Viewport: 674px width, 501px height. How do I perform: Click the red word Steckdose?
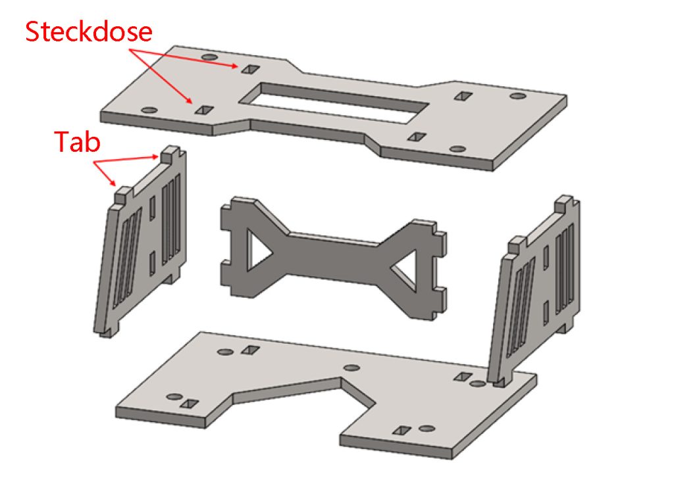click(89, 32)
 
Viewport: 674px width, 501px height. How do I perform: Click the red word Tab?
click(78, 142)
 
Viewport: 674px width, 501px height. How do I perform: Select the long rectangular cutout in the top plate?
click(334, 103)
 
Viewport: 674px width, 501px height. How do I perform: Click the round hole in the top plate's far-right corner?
click(517, 96)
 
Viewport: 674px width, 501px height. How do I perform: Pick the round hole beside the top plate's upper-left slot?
click(209, 57)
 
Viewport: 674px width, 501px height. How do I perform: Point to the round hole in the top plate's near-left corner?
click(149, 110)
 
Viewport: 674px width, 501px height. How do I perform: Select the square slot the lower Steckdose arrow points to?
click(204, 110)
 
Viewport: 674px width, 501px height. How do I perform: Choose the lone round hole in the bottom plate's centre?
click(352, 368)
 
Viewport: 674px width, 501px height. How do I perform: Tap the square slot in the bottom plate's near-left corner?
click(189, 404)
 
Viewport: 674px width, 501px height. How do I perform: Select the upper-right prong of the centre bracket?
click(440, 238)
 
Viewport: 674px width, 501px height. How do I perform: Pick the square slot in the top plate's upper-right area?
click(463, 96)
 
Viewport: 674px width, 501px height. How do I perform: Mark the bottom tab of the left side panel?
click(106, 332)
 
